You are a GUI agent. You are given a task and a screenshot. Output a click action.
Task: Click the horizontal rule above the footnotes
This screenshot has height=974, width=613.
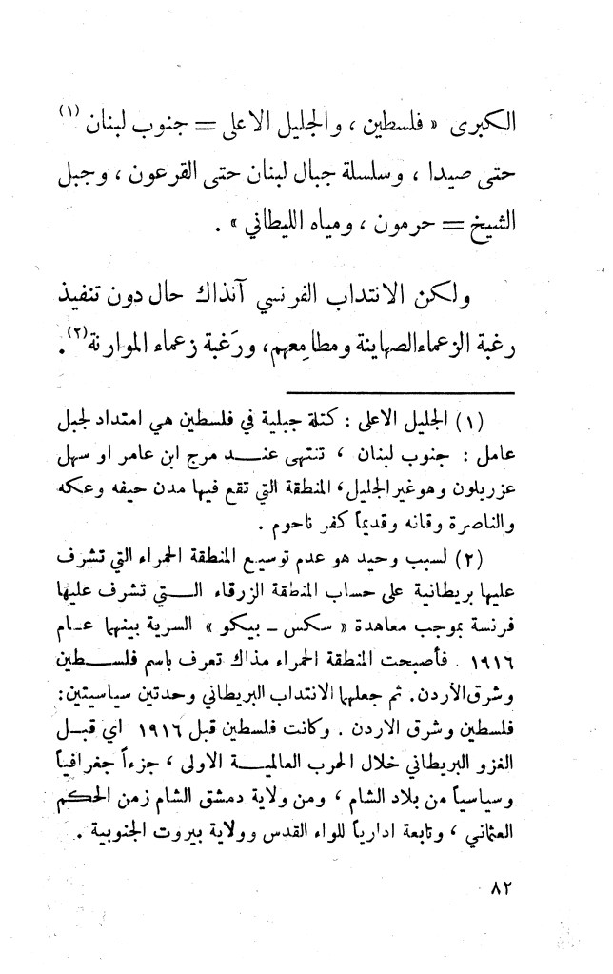pos(400,392)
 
